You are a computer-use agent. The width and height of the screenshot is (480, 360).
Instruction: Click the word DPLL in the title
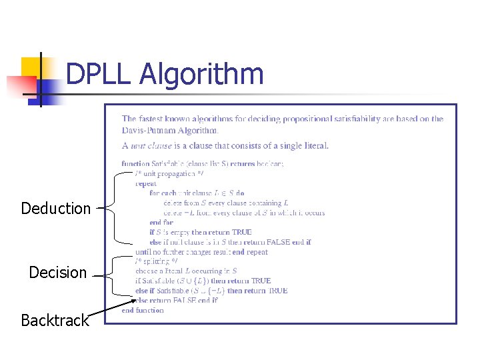tap(99, 75)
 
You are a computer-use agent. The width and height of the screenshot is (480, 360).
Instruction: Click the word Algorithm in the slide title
tap(201, 75)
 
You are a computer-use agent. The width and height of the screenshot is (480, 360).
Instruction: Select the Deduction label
tap(56, 209)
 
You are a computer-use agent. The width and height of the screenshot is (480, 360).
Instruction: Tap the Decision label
tap(58, 273)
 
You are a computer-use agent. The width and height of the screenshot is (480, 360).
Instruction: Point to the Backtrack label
tap(55, 321)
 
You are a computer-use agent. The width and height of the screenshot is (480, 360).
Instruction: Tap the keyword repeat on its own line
tap(146, 183)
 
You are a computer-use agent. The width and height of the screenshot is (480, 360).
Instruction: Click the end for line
tap(161, 223)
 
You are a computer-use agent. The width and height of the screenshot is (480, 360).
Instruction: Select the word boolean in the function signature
tap(267, 163)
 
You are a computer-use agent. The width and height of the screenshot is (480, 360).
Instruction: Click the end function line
tap(143, 310)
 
